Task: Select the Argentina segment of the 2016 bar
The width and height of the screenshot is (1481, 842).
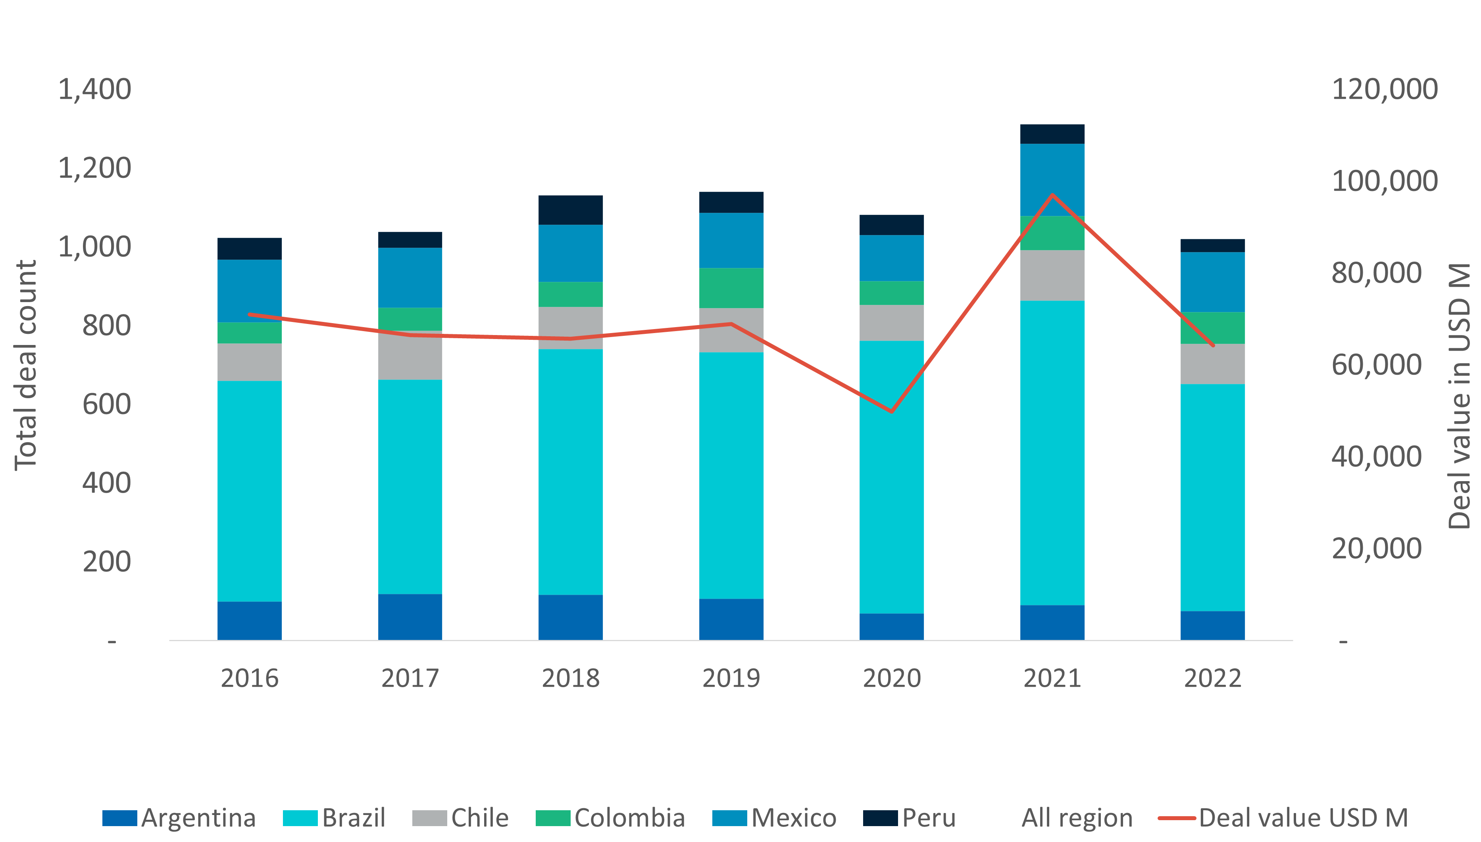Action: pyautogui.click(x=249, y=620)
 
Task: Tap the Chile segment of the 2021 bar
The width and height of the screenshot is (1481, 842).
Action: pyautogui.click(x=1052, y=275)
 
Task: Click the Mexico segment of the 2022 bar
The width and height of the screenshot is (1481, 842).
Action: pyautogui.click(x=1212, y=282)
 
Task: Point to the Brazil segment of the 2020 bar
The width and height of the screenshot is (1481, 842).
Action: pyautogui.click(x=891, y=477)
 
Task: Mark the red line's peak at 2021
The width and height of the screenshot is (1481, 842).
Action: pyautogui.click(x=1052, y=195)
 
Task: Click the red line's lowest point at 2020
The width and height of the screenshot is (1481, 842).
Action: pyautogui.click(x=891, y=411)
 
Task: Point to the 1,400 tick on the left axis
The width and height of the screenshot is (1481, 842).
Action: pyautogui.click(x=95, y=90)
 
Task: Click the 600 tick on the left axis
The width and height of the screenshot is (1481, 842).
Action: pyautogui.click(x=107, y=404)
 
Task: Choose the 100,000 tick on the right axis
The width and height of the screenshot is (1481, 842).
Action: pyautogui.click(x=1384, y=181)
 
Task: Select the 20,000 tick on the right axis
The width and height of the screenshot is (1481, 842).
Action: pyautogui.click(x=1376, y=548)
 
